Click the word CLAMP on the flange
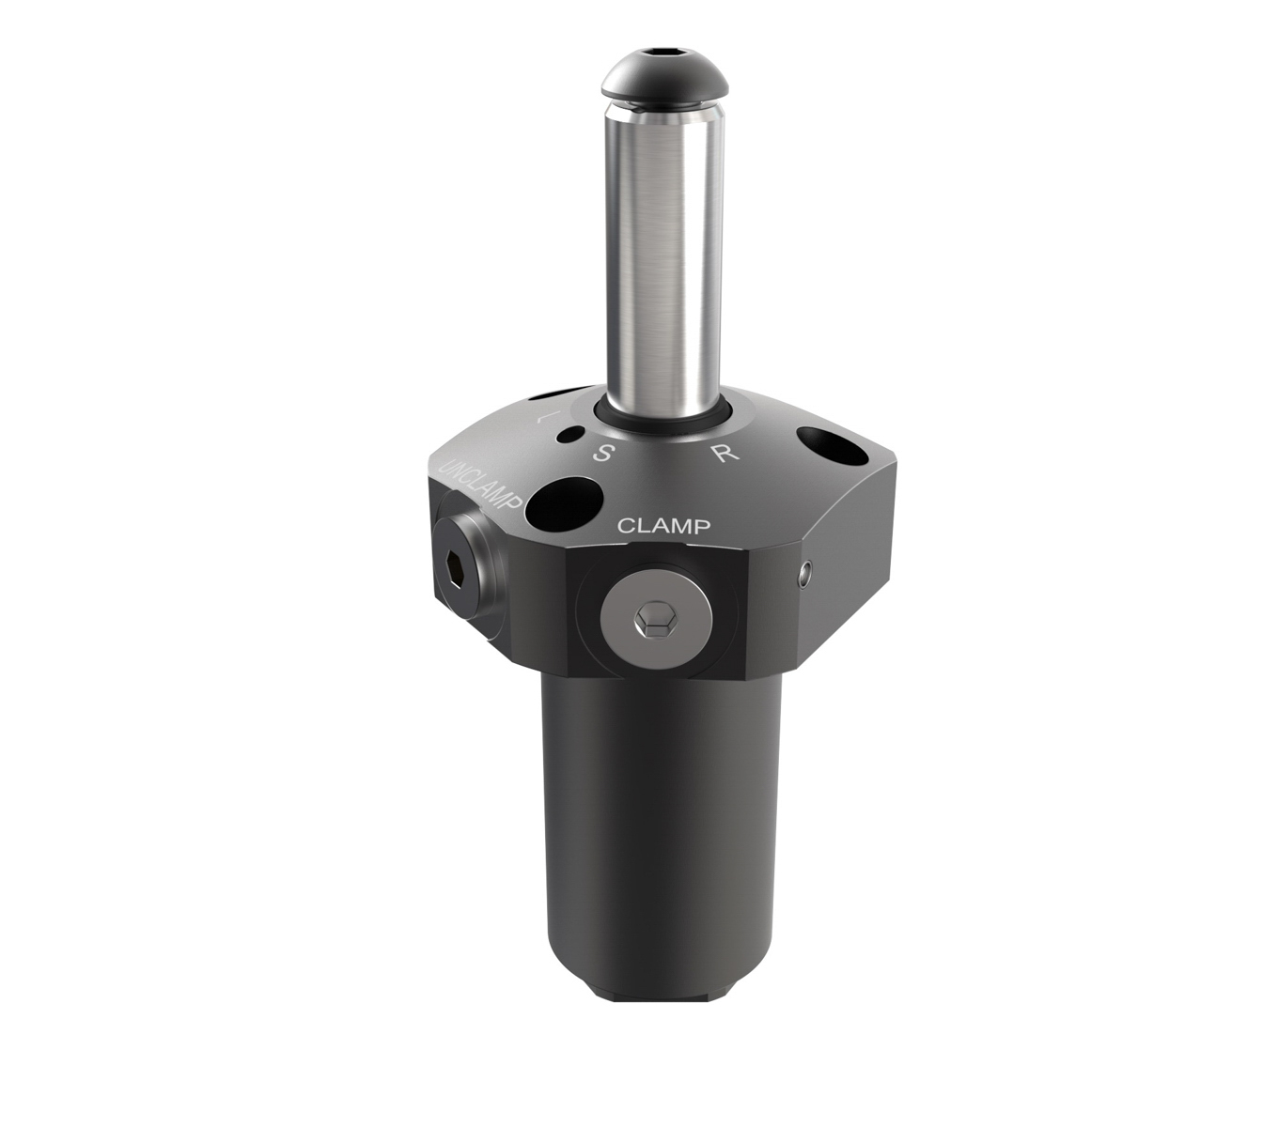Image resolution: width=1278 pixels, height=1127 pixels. point(662,526)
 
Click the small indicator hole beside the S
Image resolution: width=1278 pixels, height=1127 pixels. point(570,435)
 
